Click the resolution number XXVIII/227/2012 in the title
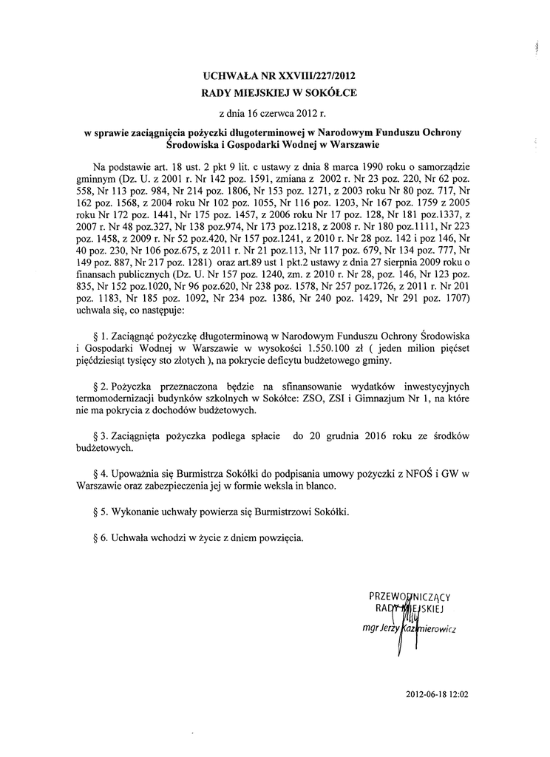(x=323, y=76)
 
